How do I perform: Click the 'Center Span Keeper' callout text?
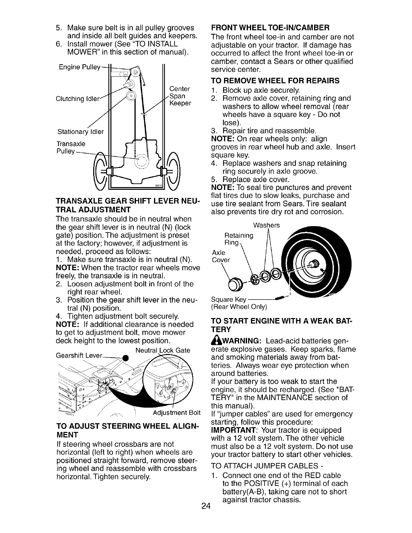(180, 96)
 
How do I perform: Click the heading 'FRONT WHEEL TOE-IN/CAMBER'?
(270, 27)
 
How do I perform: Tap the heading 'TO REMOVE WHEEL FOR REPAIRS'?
(275, 81)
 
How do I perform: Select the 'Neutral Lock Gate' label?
(163, 350)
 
